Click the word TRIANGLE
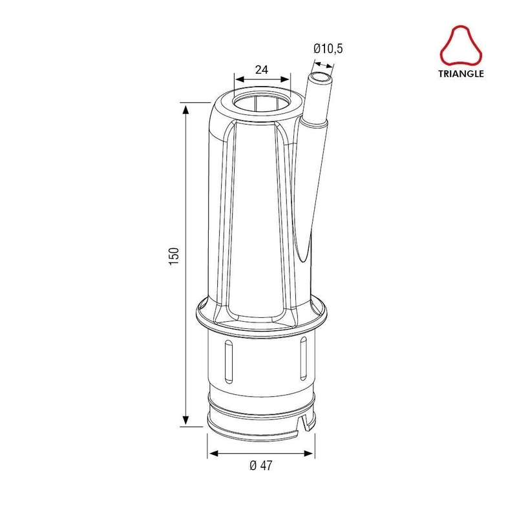(461, 74)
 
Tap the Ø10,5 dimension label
(328, 48)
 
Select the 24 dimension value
(262, 70)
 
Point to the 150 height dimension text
(174, 256)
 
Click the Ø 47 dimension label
(261, 465)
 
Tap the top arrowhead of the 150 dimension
(186, 109)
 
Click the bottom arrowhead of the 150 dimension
(186, 420)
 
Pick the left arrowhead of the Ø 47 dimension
(214, 454)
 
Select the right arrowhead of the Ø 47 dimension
(308, 454)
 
